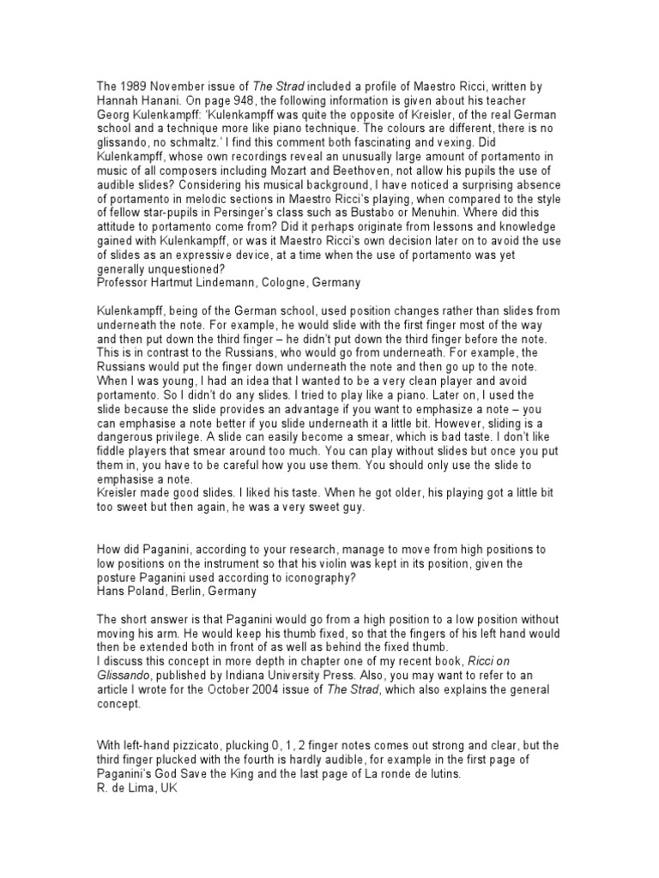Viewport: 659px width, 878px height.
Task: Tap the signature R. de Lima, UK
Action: tap(136, 788)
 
